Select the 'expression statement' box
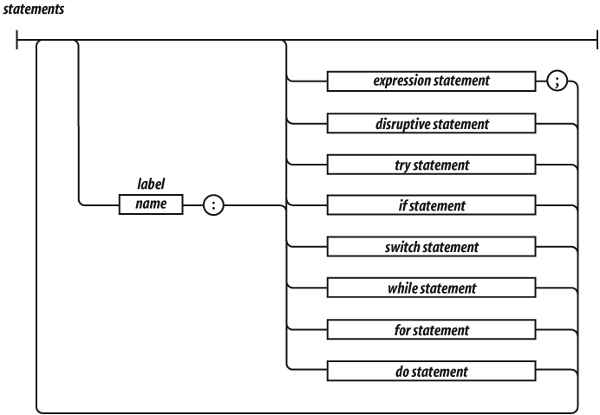pyautogui.click(x=430, y=81)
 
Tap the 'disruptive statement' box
pyautogui.click(x=430, y=123)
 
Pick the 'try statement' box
pyautogui.click(x=430, y=165)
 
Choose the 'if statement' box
pyautogui.click(x=430, y=206)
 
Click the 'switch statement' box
pyautogui.click(x=430, y=248)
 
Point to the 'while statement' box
pyautogui.click(x=430, y=289)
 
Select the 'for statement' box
pyautogui.click(x=430, y=330)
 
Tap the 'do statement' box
pyautogui.click(x=430, y=372)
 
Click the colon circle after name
pyautogui.click(x=212, y=206)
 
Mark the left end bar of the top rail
pyautogui.click(x=16, y=40)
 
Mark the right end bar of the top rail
pyautogui.click(x=597, y=40)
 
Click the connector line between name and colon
pyautogui.click(x=192, y=206)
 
